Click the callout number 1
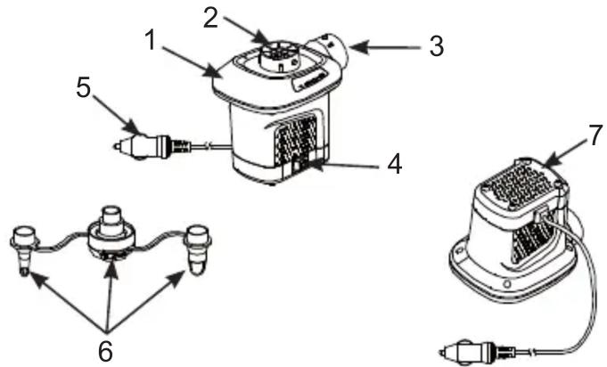coord(151,40)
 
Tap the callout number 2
coord(211,18)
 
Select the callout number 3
coord(436,46)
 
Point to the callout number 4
coord(395,164)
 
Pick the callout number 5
coord(84,87)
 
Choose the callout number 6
coord(105,351)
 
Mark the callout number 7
coord(595,135)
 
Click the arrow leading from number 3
coord(385,47)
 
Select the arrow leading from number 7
coord(567,152)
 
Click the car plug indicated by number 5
coord(143,146)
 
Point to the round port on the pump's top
coord(279,57)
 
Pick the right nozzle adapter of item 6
coord(198,249)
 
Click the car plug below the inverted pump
coord(477,352)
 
